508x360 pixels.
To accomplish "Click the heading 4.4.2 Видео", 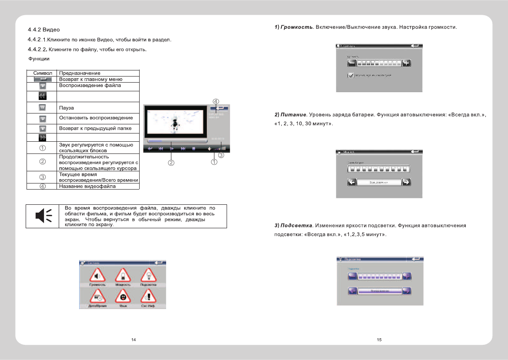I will pos(43,30).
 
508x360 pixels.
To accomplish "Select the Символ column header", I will pos(43,73).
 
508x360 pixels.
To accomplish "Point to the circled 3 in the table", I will pos(43,177).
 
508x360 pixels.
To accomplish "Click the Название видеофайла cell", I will pos(87,186).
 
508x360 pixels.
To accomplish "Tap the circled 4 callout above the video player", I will pos(216,101).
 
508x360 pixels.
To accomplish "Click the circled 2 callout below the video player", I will pos(171,163).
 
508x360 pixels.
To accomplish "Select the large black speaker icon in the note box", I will pos(43,216).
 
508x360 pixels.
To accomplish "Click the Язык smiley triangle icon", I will pos(123,297).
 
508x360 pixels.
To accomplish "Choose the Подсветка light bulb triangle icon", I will pos(148,276).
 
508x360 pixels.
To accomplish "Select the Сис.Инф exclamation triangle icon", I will pos(148,297).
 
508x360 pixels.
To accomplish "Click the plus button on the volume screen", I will pos(406,63).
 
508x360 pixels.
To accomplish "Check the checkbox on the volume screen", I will pos(351,75).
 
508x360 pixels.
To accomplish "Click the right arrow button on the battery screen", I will pos(406,182).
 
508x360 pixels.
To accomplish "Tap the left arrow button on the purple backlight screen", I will pos(353,291).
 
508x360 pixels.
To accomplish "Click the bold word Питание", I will pos(294,115).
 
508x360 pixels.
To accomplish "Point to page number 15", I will pos(379,340).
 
